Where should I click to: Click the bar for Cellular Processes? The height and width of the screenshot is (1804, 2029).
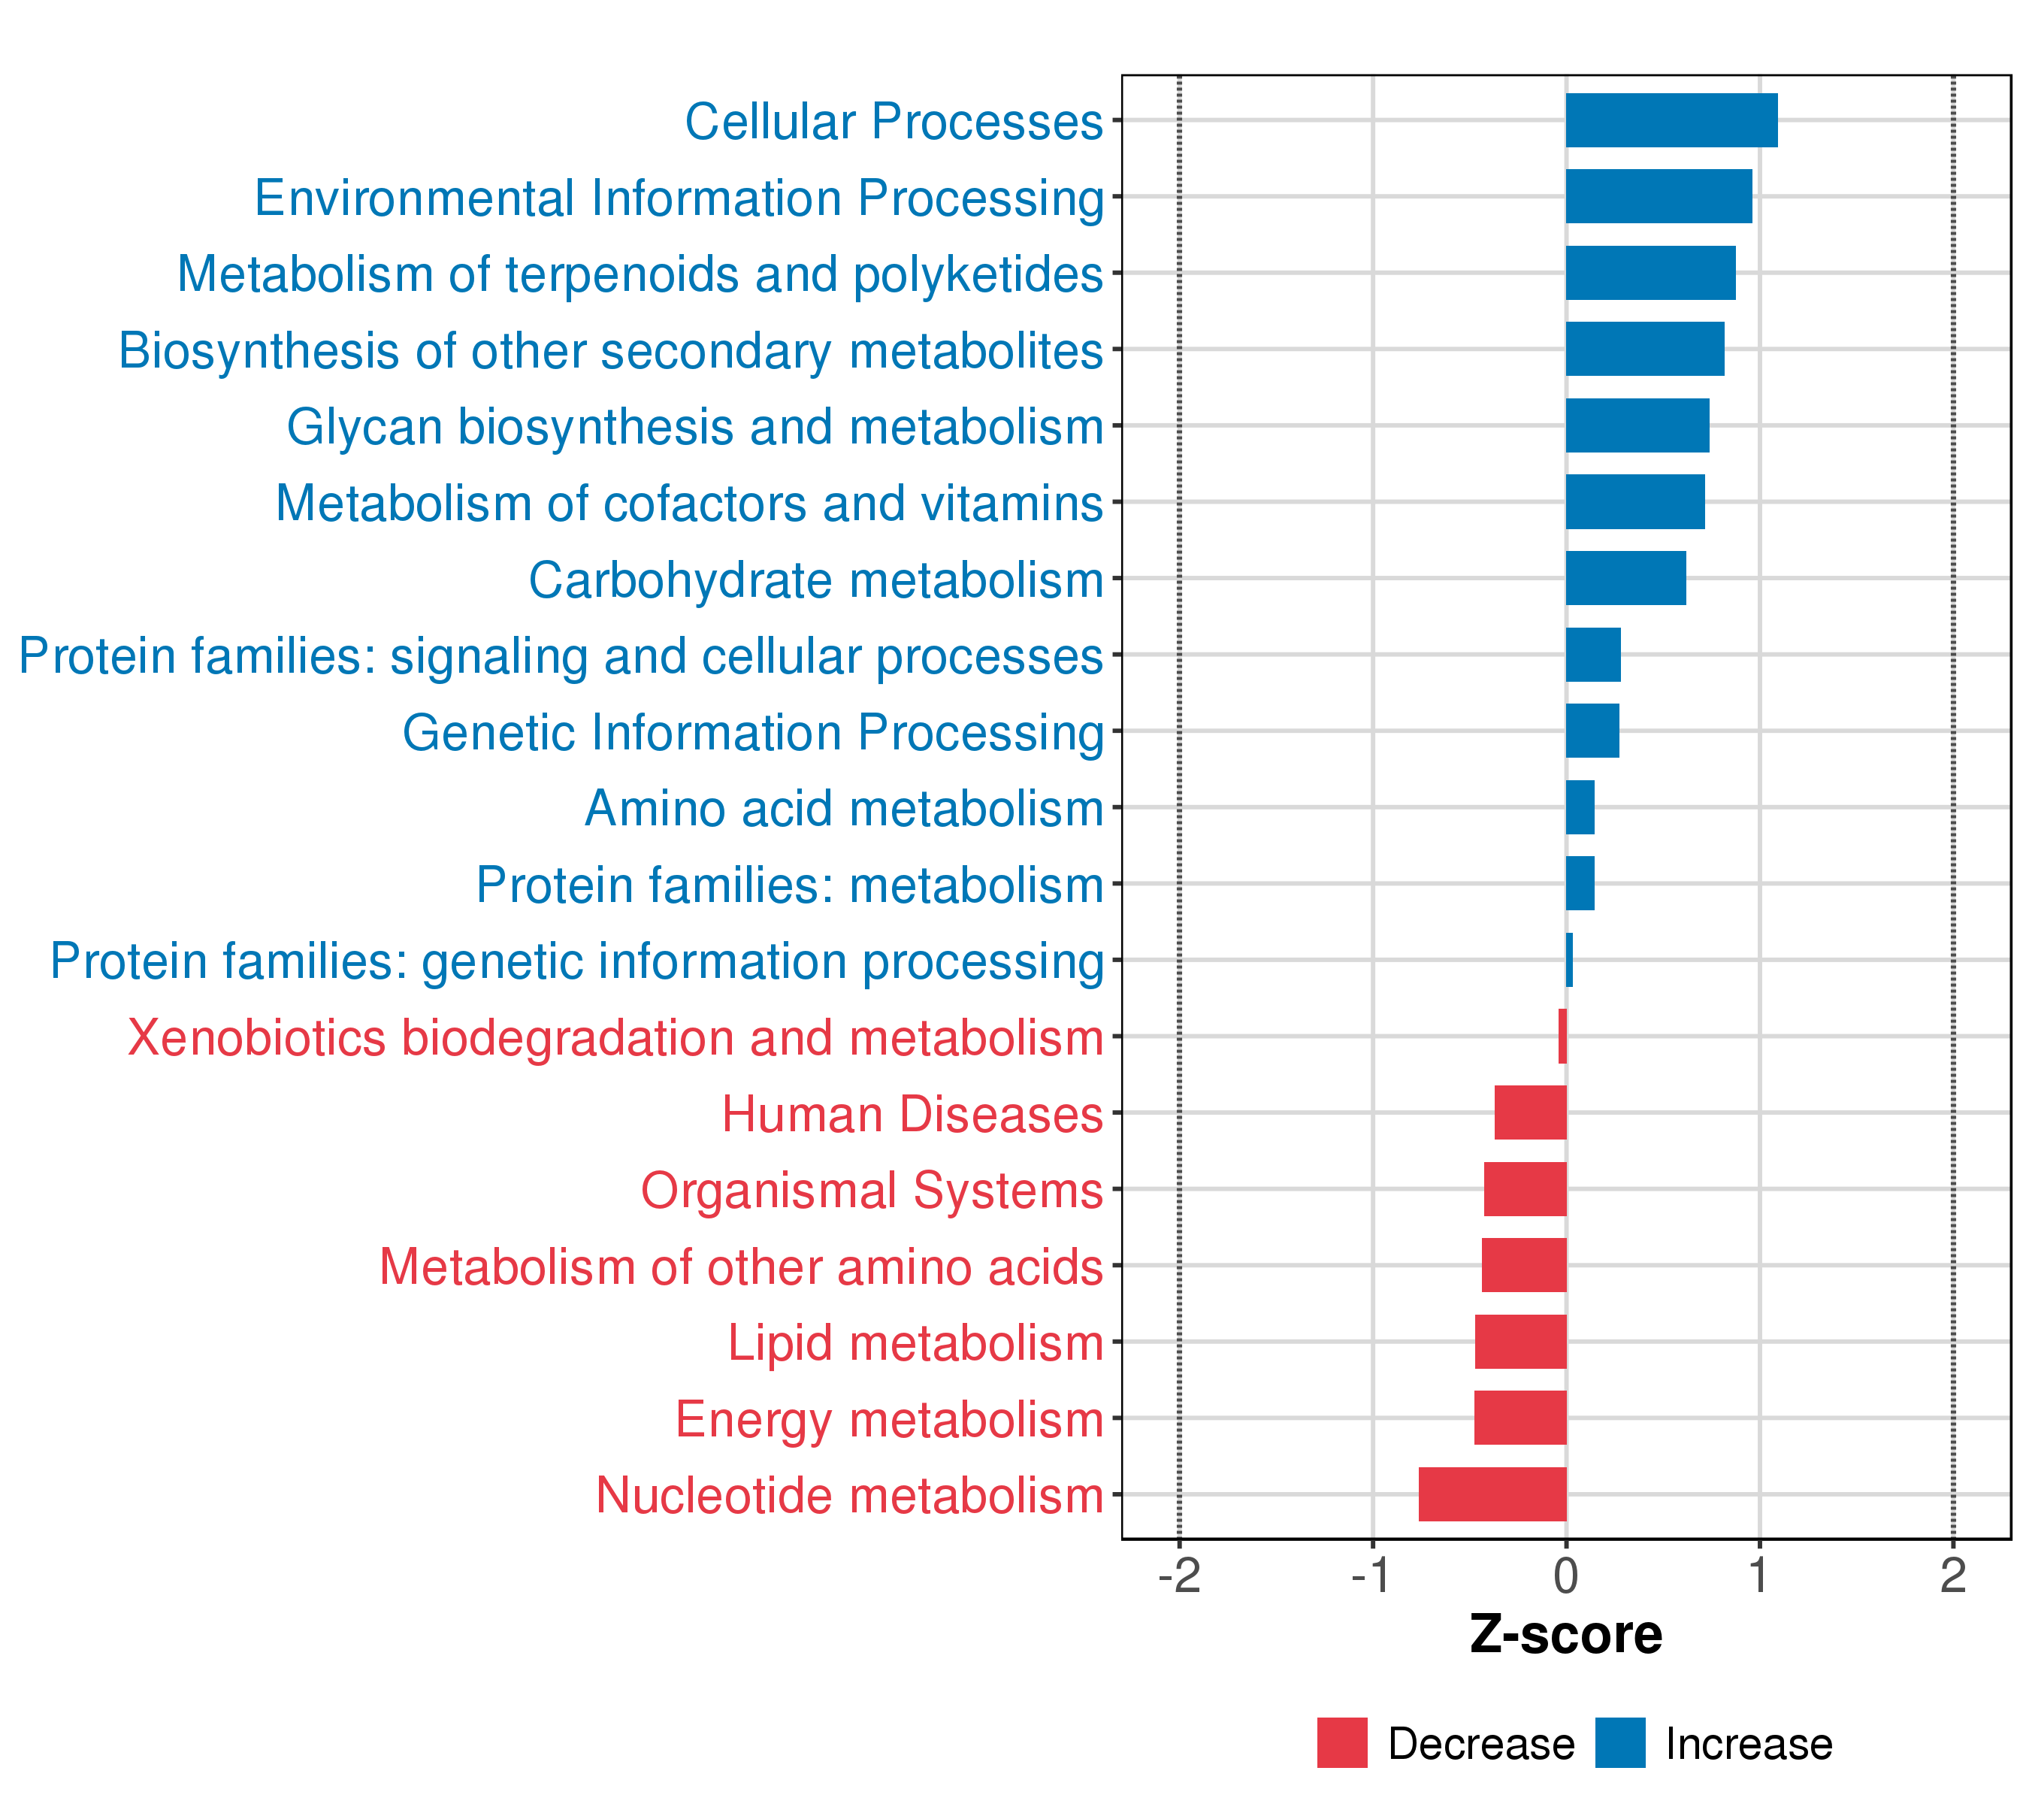[x=1671, y=120]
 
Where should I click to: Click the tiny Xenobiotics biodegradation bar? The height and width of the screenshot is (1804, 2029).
[x=1562, y=1036]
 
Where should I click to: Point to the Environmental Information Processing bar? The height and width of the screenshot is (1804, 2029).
[x=1658, y=197]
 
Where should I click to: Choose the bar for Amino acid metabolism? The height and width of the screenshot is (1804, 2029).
[x=1580, y=807]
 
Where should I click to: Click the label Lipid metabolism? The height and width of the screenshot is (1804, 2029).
[x=915, y=1342]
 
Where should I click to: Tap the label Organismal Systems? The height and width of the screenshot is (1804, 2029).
[x=872, y=1189]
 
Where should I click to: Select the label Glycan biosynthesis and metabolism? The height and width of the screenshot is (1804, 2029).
[x=695, y=427]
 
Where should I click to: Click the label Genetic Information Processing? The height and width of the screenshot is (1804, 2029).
[x=752, y=733]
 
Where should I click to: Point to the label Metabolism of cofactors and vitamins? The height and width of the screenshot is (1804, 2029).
[x=689, y=504]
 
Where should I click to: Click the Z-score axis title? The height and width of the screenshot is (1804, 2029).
[x=1565, y=1635]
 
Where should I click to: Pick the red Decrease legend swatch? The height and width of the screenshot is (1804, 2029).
[x=1342, y=1743]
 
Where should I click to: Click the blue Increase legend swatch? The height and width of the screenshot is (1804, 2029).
[x=1620, y=1743]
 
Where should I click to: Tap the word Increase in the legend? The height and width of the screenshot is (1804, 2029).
[x=1748, y=1745]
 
